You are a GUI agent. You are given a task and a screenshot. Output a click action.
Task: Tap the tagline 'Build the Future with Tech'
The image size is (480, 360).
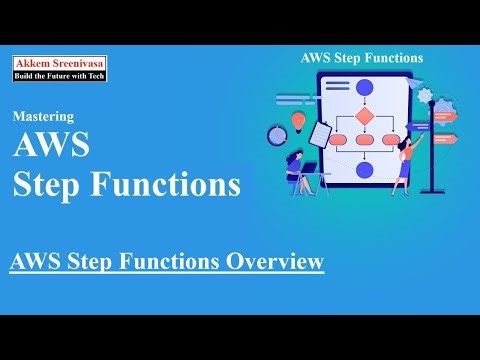tap(59, 75)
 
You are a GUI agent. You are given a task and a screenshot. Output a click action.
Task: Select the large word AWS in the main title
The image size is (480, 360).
tap(51, 147)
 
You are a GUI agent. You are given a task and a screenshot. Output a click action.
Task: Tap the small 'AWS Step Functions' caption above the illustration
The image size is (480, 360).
tap(361, 58)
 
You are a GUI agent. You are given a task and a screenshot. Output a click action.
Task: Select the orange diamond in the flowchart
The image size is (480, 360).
tap(364, 116)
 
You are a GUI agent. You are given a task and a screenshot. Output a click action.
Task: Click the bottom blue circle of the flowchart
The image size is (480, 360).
tap(364, 170)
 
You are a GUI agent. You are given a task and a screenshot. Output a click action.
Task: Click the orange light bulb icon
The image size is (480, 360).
tap(297, 121)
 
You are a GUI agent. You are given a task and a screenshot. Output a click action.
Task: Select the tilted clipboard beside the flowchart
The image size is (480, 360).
tap(320, 132)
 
